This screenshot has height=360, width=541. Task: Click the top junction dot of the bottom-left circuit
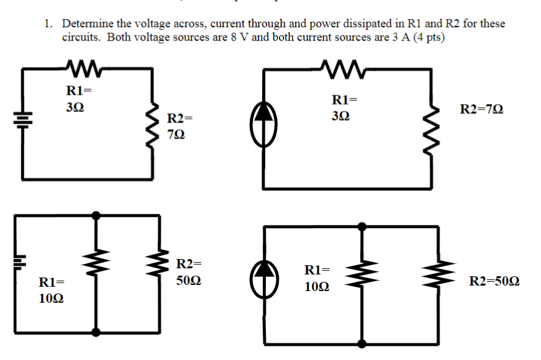tap(95, 215)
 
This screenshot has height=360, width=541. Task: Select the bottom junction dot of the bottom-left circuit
tap(95, 333)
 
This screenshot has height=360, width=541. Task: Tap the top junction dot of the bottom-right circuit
tap(362, 226)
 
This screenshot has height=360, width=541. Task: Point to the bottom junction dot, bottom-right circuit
tap(362, 344)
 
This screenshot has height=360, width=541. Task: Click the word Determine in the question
tap(86, 24)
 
